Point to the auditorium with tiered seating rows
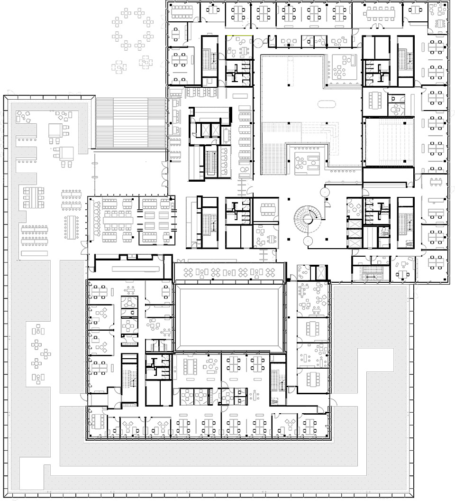coord(389,142)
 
